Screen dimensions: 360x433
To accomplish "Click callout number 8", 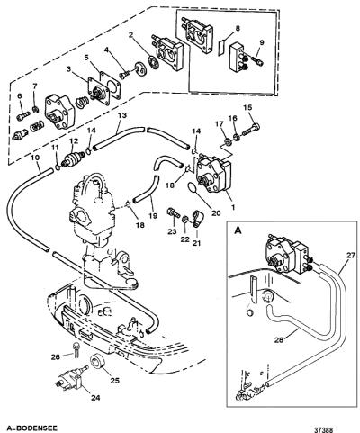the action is (x=238, y=29).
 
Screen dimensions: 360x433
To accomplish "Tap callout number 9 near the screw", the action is (x=262, y=42).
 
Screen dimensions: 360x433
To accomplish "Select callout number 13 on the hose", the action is (x=122, y=115).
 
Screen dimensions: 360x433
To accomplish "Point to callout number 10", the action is (x=37, y=158).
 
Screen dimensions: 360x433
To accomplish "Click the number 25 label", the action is (x=115, y=381).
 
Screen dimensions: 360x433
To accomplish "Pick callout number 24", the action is (x=95, y=398).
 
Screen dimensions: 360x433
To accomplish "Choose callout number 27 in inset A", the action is (x=351, y=256).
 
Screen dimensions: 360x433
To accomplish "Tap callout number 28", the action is (x=279, y=339).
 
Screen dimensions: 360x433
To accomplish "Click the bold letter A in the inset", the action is (x=238, y=230).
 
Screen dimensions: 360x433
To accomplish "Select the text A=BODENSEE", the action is (x=28, y=428).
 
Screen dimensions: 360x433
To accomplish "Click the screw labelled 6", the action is (x=22, y=114).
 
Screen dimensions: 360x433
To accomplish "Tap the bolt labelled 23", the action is (x=174, y=212).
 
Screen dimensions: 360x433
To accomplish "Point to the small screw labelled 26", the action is (x=76, y=348).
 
